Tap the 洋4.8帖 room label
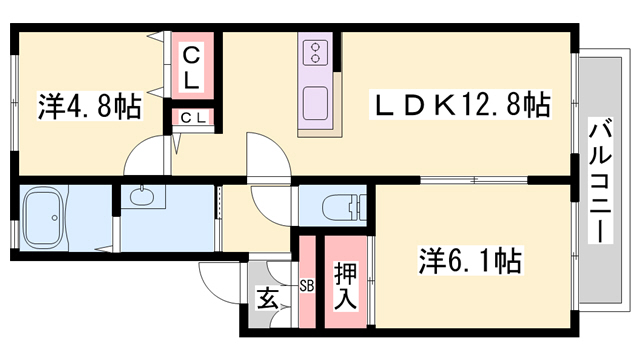click(89, 106)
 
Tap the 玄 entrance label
click(267, 297)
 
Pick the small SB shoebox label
click(306, 284)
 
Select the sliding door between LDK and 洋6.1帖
click(470, 180)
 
